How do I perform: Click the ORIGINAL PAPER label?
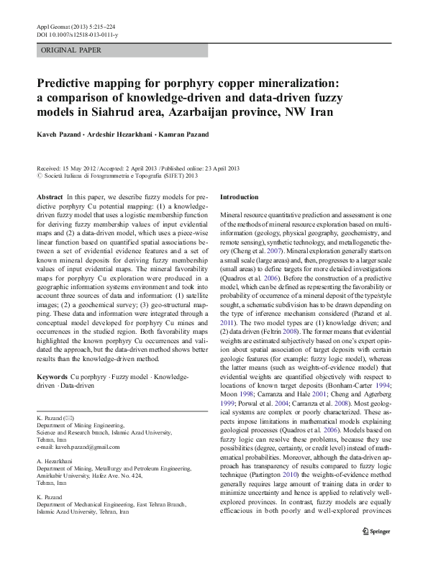71,50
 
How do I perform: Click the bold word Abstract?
49,196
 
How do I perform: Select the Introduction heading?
239,196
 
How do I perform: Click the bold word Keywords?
52,377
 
